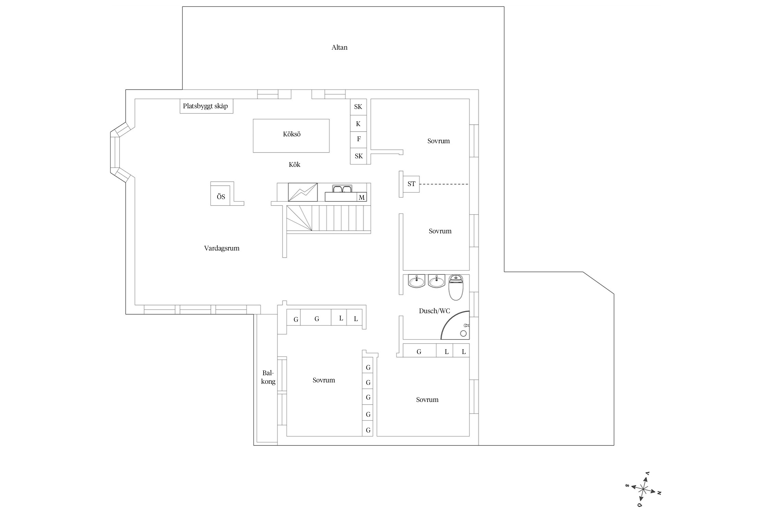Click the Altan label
click(x=339, y=48)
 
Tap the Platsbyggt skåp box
click(x=206, y=106)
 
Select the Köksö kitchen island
click(x=291, y=136)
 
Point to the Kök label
click(x=294, y=165)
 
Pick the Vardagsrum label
click(x=222, y=248)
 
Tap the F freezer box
click(x=358, y=140)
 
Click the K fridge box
click(x=358, y=123)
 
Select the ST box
click(x=411, y=184)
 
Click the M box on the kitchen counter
click(x=362, y=197)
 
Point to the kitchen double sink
click(x=342, y=189)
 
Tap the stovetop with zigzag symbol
click(x=303, y=192)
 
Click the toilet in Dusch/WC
click(x=456, y=287)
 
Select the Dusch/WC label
click(x=435, y=311)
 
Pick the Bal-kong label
click(x=268, y=377)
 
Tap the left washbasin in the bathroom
click(x=417, y=281)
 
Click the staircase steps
click(x=329, y=218)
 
